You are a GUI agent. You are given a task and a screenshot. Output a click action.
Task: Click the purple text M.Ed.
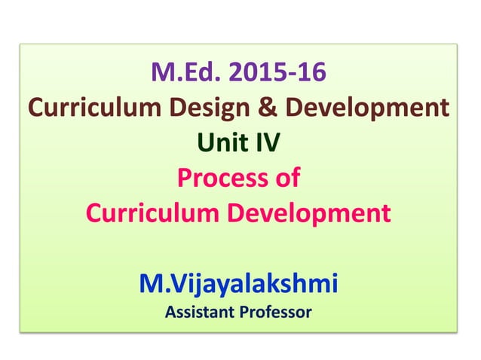click(x=187, y=74)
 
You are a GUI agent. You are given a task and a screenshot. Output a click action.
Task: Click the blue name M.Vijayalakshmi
click(x=239, y=284)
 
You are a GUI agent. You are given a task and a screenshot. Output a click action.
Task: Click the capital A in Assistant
click(x=170, y=310)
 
